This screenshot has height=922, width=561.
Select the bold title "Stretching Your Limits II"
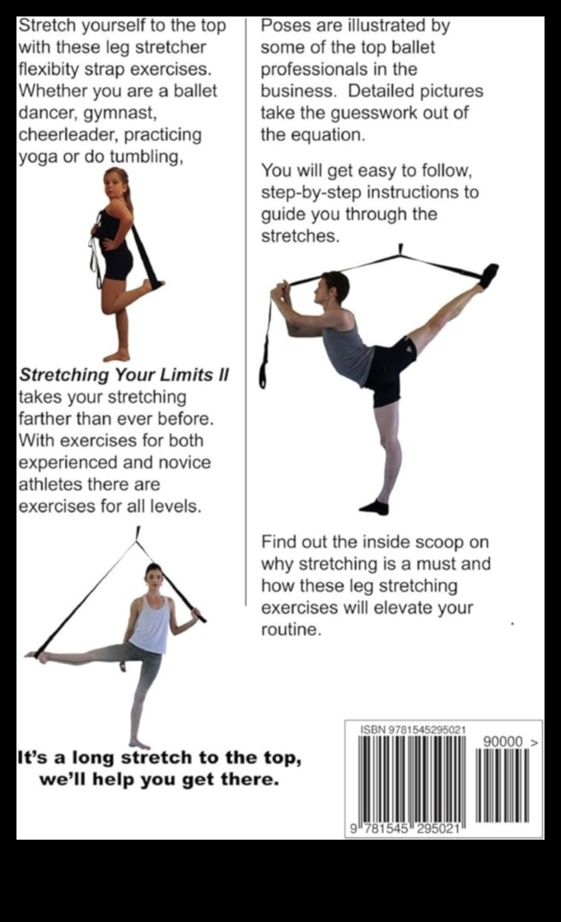[x=124, y=375]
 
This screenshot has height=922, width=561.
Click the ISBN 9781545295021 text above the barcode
[x=414, y=730]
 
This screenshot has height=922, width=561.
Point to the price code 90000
[x=503, y=742]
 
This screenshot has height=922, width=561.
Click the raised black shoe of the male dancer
[x=489, y=275]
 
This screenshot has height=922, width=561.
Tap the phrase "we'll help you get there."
[x=158, y=779]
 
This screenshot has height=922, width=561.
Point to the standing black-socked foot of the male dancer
[x=374, y=507]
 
